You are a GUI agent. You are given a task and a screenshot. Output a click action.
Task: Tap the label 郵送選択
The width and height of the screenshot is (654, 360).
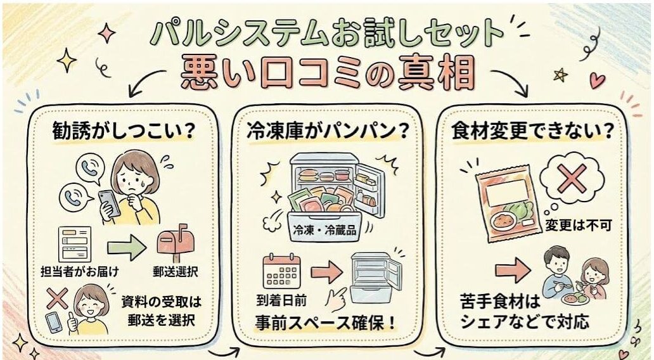[x=175, y=274]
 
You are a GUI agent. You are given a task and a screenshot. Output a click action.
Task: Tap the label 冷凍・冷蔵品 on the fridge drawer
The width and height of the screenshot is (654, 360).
[x=322, y=231]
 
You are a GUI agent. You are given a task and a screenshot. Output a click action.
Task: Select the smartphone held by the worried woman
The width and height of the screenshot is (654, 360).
[x=108, y=202]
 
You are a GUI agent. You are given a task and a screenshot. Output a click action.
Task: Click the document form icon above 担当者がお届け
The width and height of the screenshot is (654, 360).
[x=75, y=244]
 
